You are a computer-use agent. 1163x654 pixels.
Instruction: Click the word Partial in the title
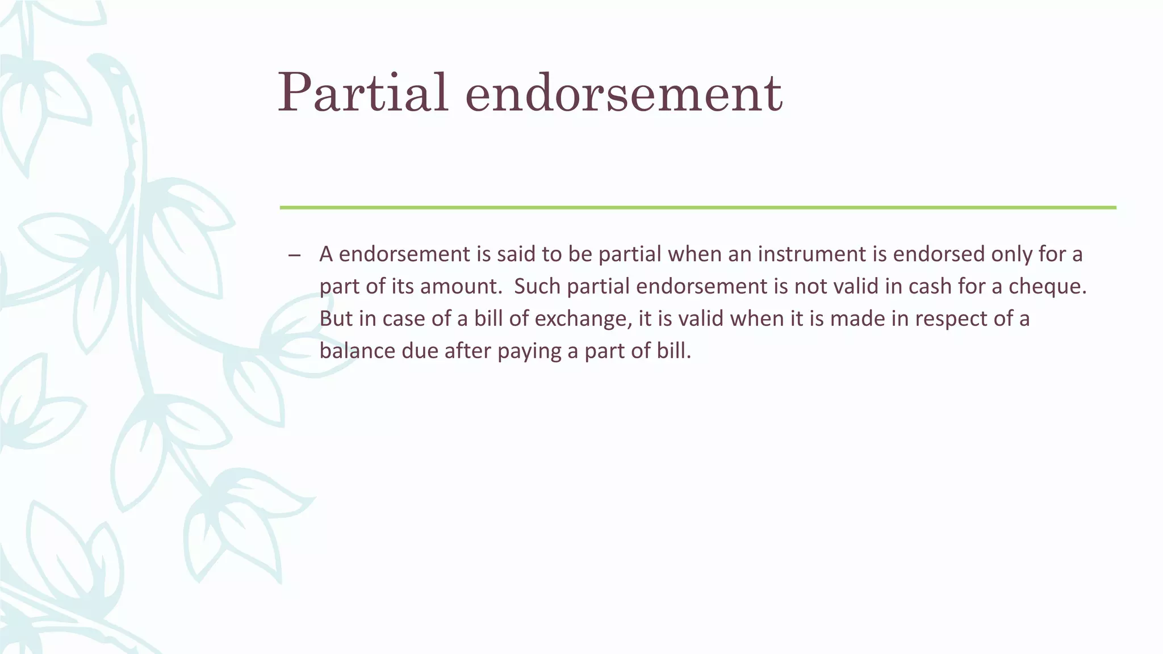[x=363, y=93]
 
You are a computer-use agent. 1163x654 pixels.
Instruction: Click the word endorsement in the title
[x=624, y=93]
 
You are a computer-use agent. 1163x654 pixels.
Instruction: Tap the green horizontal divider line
[x=697, y=208]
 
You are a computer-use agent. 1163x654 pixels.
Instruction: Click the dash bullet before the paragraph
[x=294, y=255]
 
